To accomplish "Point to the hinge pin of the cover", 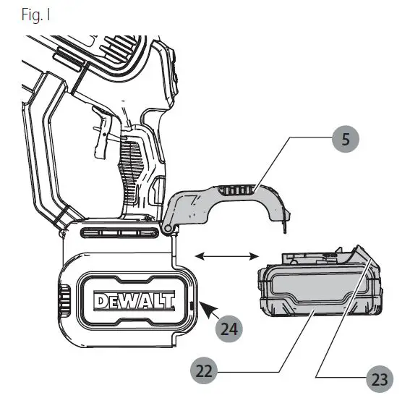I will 169,229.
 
